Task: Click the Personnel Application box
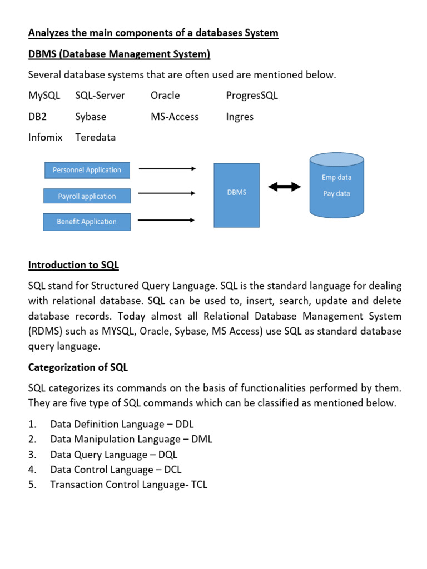click(x=87, y=170)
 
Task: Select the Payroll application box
click(x=87, y=196)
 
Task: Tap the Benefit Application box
click(x=87, y=222)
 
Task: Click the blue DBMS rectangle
click(x=237, y=194)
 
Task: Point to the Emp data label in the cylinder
click(x=336, y=178)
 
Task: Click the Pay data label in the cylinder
click(x=336, y=193)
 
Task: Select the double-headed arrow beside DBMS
click(x=284, y=188)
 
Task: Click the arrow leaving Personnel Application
click(x=167, y=168)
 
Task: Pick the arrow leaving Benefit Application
click(x=167, y=220)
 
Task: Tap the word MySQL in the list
click(x=44, y=96)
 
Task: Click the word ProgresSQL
click(x=252, y=96)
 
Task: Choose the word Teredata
click(x=95, y=137)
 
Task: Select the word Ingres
click(x=240, y=117)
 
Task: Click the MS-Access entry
click(x=174, y=117)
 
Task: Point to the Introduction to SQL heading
click(x=73, y=265)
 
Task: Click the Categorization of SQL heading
click(x=78, y=367)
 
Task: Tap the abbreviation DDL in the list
click(x=184, y=425)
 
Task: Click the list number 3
click(x=32, y=455)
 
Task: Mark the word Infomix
click(x=45, y=137)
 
